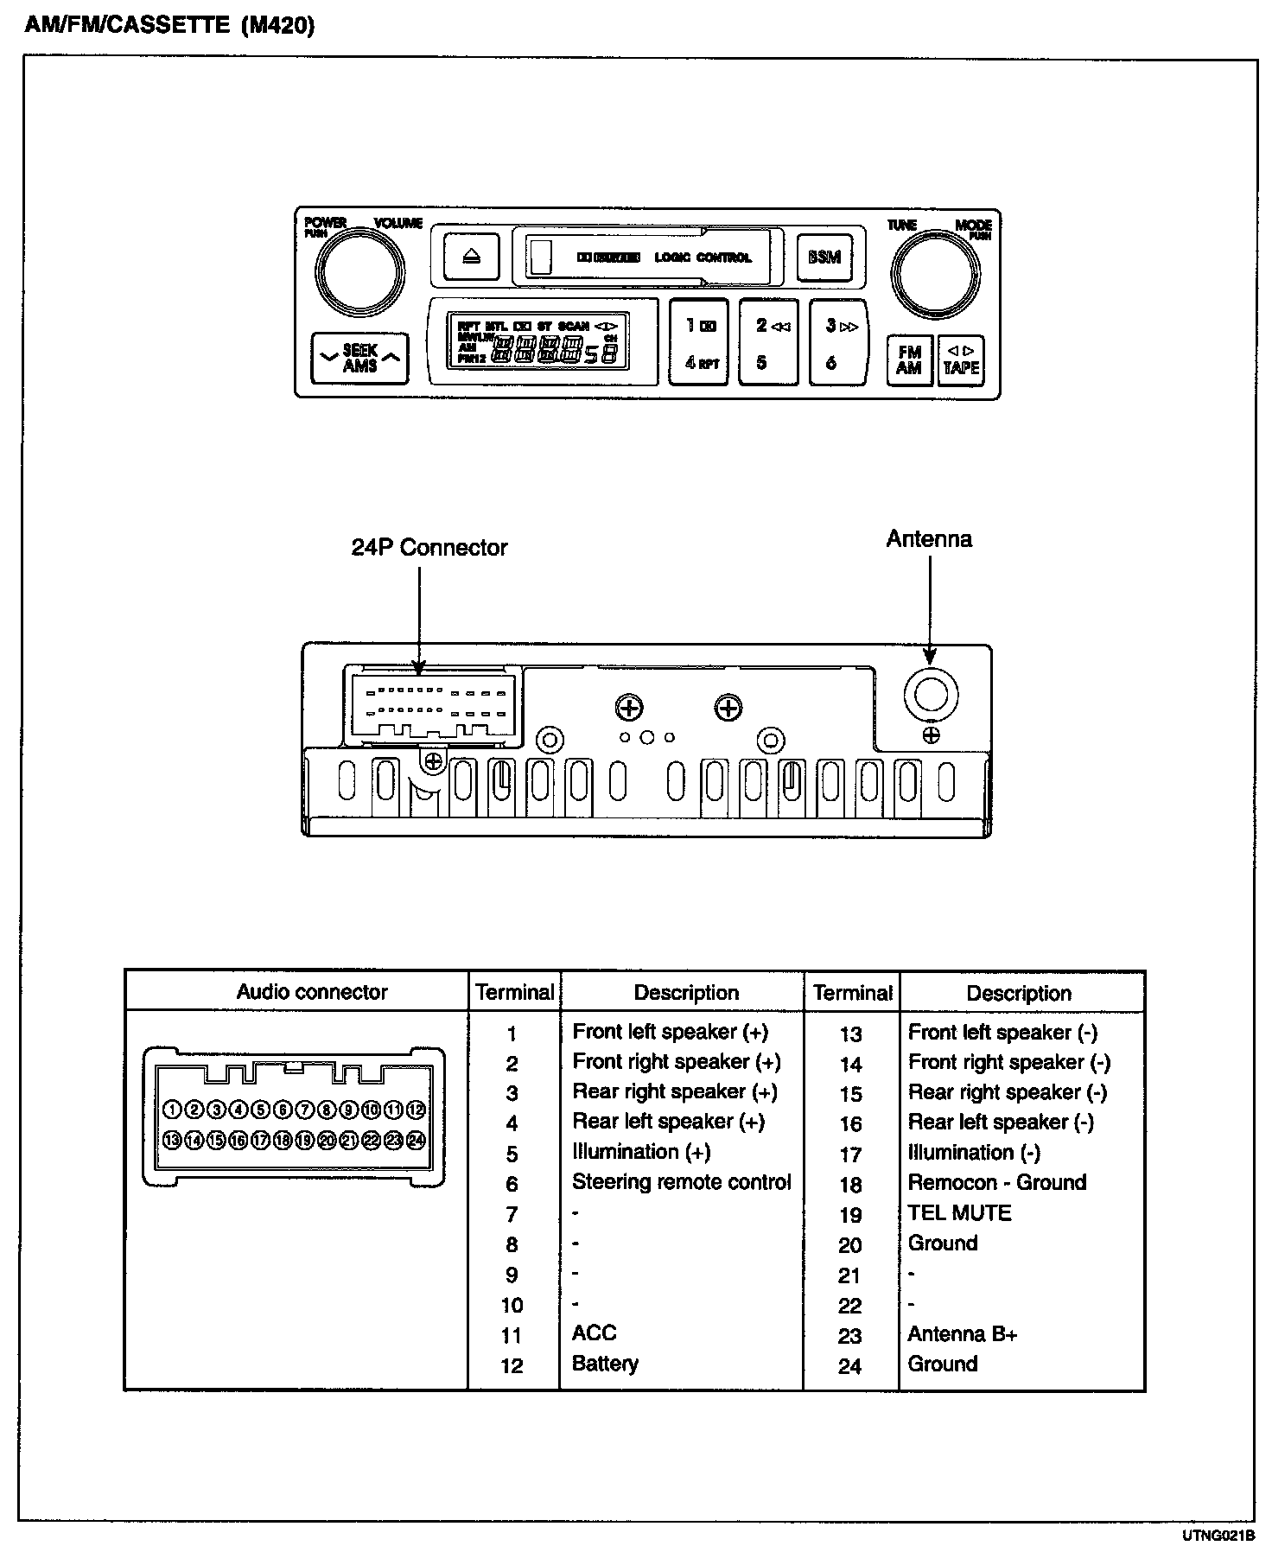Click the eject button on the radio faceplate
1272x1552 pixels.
[x=472, y=257]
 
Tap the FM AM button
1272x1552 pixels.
[x=909, y=360]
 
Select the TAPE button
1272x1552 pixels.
[x=961, y=360]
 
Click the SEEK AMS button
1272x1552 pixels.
[x=359, y=358]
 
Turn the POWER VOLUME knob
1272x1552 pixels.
[x=360, y=273]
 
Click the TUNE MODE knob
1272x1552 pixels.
[x=935, y=275]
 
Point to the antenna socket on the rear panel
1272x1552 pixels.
[x=931, y=694]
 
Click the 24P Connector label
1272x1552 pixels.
[x=429, y=547]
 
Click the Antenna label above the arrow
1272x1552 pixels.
[x=929, y=539]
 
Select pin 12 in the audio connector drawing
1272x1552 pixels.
[x=416, y=1110]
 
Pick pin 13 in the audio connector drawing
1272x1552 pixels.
[x=172, y=1140]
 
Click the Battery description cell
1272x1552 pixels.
[x=605, y=1364]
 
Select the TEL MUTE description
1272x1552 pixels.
[x=959, y=1213]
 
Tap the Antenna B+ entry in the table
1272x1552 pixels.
[x=962, y=1334]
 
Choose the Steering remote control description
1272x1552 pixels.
[x=681, y=1182]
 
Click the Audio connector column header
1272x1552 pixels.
[x=312, y=992]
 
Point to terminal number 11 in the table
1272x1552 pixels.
[x=512, y=1336]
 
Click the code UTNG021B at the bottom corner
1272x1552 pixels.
[x=1218, y=1536]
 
